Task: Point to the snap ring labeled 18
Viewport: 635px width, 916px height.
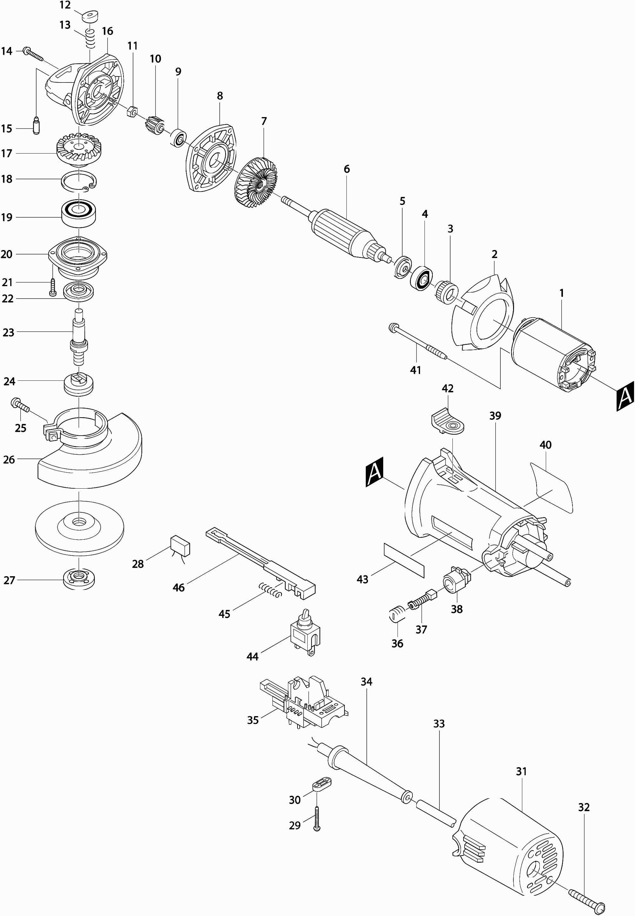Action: [x=79, y=181]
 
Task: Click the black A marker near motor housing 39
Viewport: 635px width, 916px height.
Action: [x=374, y=472]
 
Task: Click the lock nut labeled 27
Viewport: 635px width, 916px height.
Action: [x=79, y=580]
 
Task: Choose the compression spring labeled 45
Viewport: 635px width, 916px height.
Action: [x=270, y=589]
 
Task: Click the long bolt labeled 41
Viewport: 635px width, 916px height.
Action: [x=418, y=338]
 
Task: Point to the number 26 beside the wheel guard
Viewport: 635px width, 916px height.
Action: [x=9, y=460]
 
